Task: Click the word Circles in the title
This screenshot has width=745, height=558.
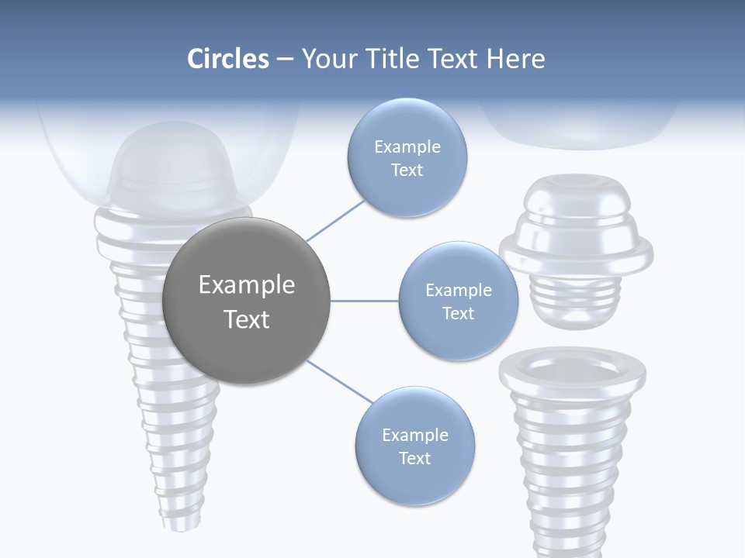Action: (x=228, y=59)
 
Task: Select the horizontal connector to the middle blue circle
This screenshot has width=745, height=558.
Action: (x=365, y=301)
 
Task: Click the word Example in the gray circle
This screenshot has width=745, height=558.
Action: (x=247, y=285)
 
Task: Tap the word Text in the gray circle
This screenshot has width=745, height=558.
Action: (x=247, y=319)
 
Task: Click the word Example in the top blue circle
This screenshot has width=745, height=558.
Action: (x=407, y=147)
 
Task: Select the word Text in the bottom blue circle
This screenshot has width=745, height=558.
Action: (x=414, y=459)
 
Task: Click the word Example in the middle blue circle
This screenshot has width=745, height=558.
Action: (x=459, y=291)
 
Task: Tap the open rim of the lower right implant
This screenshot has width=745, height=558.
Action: (x=572, y=368)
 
